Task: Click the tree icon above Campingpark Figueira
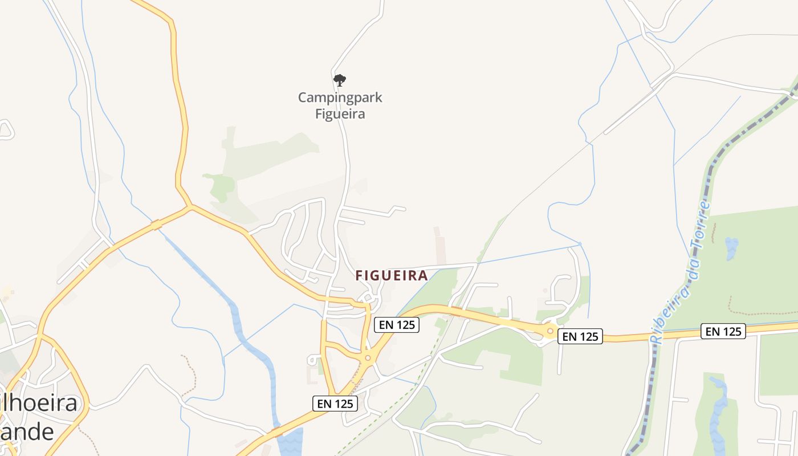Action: coord(340,80)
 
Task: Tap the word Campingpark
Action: coord(340,97)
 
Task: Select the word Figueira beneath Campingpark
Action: coord(340,113)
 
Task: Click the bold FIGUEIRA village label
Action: coord(392,276)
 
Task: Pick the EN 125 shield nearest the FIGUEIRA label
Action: coord(397,325)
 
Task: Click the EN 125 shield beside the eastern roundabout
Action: coord(580,336)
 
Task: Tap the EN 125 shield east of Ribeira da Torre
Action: coord(723,331)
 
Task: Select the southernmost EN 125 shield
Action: coord(335,404)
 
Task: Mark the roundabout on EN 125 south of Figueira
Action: coord(368,358)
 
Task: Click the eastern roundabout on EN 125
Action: coord(550,331)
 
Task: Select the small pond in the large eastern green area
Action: coord(731,248)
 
